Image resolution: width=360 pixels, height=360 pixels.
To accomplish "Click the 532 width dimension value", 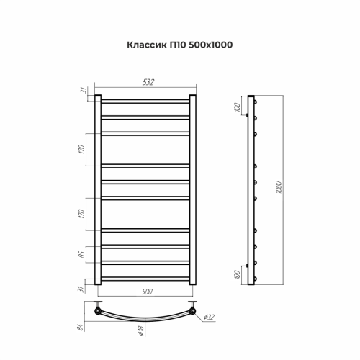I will coord(148,84).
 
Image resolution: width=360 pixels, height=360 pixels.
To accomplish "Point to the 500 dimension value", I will coord(146,293).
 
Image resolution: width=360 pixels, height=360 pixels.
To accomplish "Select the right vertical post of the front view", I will coord(193,191).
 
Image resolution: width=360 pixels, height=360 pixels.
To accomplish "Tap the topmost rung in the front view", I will coord(145,99).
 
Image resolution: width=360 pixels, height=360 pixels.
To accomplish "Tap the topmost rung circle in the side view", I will coord(254,100).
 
